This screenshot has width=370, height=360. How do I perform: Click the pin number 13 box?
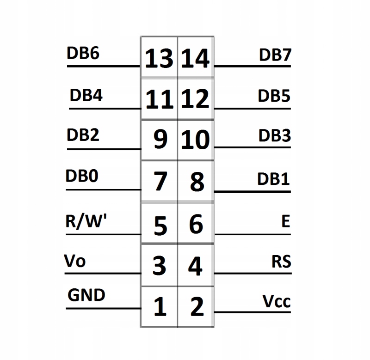coord(159,57)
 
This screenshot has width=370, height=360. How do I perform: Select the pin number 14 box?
coord(196,57)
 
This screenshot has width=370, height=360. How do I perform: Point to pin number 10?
coord(196,140)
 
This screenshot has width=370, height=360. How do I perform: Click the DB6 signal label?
coord(83,53)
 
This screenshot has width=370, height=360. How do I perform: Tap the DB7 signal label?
coord(275,55)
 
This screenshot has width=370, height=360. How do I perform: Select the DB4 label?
coord(86,95)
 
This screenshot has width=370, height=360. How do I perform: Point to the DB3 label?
coord(274,135)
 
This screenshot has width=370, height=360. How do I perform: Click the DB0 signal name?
coord(82,176)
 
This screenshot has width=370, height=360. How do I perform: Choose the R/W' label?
coord(86,221)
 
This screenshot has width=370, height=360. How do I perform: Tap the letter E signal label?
coord(285,221)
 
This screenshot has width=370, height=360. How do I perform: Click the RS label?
coord(281,262)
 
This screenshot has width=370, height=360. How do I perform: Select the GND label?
coord(86,295)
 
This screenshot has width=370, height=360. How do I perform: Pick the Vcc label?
coord(277,301)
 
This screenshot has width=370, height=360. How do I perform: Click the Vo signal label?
coord(74,261)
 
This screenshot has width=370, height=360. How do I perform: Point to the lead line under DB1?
coord(252,192)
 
